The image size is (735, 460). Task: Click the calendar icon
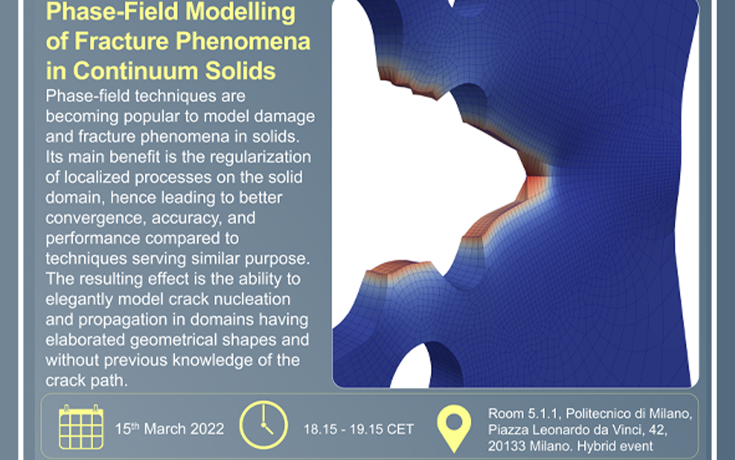click(82, 427)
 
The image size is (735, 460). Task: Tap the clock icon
click(262, 427)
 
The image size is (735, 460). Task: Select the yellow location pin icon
click(454, 428)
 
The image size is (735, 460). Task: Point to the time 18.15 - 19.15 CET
click(359, 429)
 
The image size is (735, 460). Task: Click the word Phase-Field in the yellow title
click(93, 12)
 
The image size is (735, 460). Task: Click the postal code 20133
click(506, 446)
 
